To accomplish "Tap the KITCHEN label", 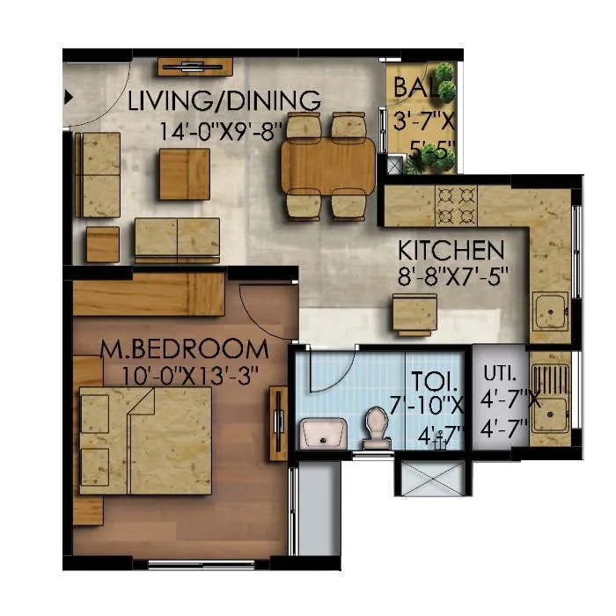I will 451,250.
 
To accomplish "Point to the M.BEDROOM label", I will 184,348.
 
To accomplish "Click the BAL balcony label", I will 413,87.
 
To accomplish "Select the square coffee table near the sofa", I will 184,173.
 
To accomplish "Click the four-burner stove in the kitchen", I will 456,204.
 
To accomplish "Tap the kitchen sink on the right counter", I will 551,311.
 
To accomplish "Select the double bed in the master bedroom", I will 145,440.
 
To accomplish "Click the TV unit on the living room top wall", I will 194,66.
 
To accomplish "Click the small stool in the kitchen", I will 414,313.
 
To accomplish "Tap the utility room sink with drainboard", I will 550,400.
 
